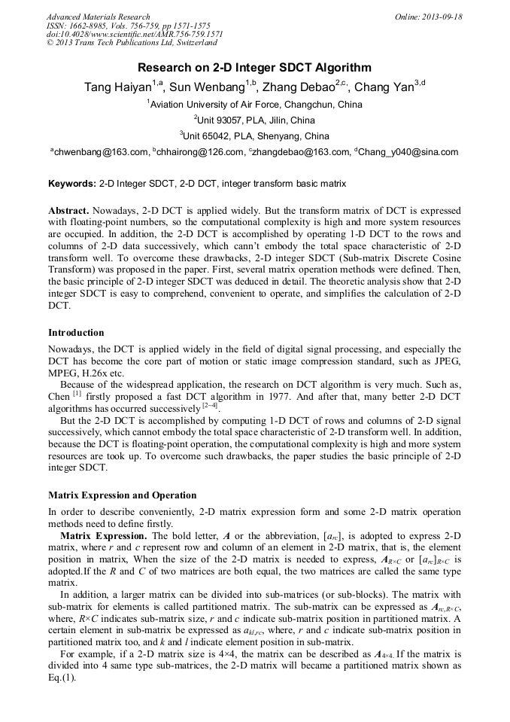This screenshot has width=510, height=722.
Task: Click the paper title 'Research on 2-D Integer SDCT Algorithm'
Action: (x=254, y=67)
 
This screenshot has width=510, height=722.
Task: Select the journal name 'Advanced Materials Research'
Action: (x=98, y=17)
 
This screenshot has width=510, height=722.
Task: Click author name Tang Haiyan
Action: (x=117, y=87)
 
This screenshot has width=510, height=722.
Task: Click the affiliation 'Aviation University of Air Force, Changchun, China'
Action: (x=256, y=105)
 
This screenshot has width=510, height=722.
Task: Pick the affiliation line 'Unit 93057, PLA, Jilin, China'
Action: (x=256, y=120)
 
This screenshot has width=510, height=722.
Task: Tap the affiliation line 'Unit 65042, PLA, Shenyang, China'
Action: (x=256, y=136)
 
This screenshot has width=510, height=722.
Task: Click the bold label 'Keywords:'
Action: (x=72, y=184)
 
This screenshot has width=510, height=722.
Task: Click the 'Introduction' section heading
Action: (x=76, y=333)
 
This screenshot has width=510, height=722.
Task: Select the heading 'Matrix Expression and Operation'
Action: (x=123, y=495)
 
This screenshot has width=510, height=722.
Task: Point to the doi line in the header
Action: (x=135, y=35)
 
